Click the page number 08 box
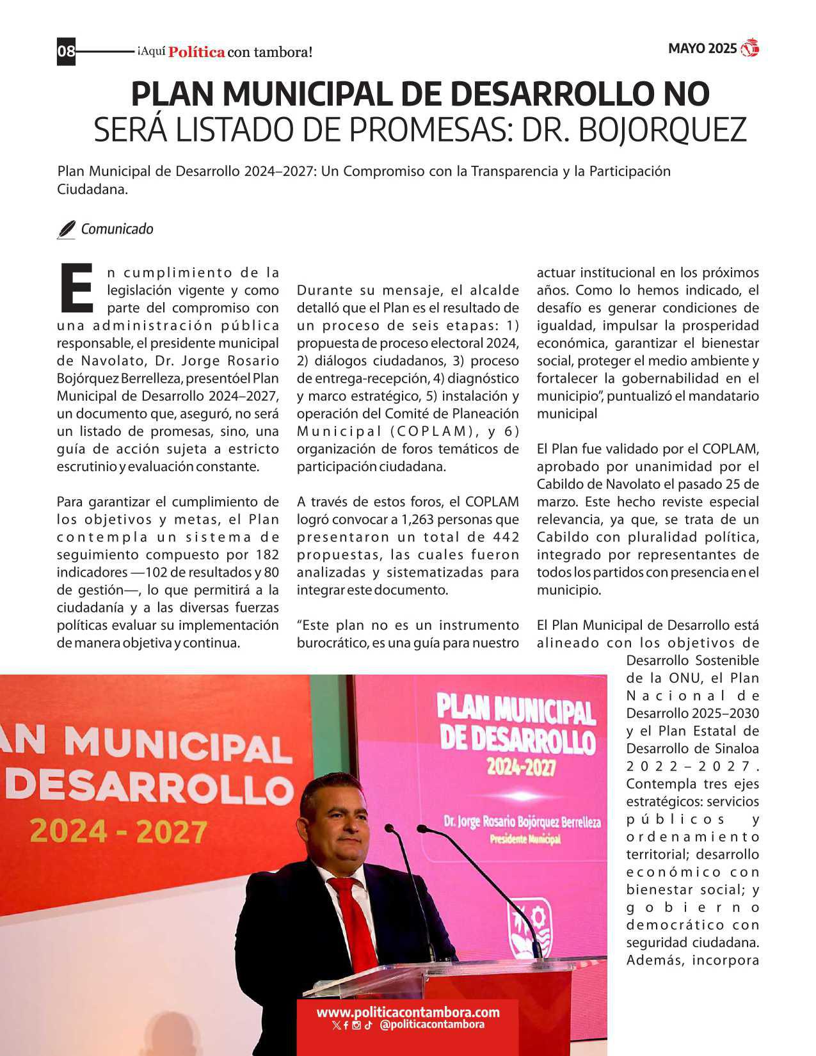(66, 51)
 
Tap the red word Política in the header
(196, 52)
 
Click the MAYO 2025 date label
(702, 49)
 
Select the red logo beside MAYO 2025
(749, 48)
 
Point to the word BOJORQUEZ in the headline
(662, 130)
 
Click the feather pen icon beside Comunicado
(66, 230)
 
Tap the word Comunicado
(117, 229)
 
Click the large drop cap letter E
(76, 287)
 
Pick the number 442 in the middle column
(506, 537)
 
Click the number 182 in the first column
(267, 554)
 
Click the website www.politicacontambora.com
(408, 1012)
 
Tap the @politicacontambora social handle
(431, 1025)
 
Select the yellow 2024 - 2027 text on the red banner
(118, 831)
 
